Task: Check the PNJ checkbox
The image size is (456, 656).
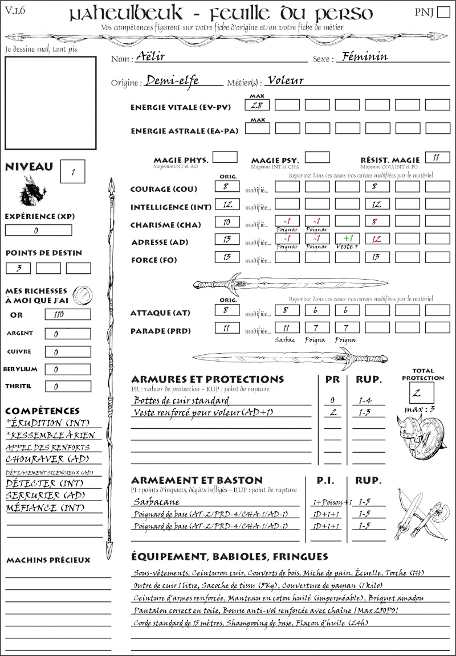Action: point(442,13)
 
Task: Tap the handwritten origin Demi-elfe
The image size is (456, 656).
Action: point(172,81)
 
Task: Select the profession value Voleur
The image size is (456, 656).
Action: point(286,80)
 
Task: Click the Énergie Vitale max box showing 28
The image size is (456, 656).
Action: point(258,105)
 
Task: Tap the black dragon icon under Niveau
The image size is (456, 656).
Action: point(32,191)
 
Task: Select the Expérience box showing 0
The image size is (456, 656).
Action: point(38,231)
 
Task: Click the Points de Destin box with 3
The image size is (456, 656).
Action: point(18,268)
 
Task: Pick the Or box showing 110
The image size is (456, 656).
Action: point(67,315)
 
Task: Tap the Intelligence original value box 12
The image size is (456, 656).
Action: point(227,204)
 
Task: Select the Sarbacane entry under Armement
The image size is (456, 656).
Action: point(156,502)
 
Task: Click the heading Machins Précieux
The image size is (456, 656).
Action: point(48,560)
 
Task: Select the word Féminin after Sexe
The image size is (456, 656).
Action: point(363,56)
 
